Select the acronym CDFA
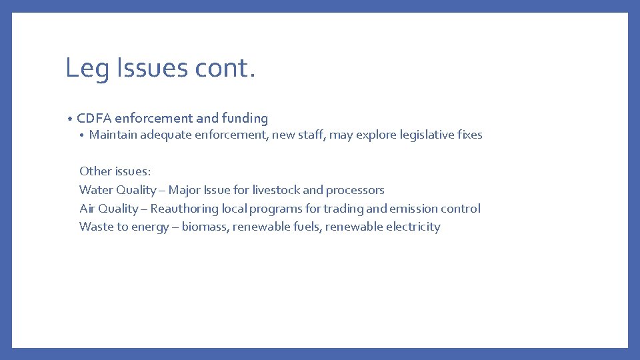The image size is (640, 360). coord(94,119)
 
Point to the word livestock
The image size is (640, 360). coord(276,190)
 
